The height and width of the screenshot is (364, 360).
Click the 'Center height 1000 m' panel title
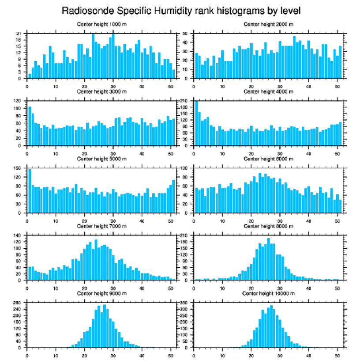(x=101, y=24)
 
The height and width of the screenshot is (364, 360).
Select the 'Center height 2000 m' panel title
(x=268, y=24)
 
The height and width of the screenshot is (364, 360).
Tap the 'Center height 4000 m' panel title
(x=268, y=91)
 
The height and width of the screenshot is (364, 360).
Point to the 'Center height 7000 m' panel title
(x=101, y=226)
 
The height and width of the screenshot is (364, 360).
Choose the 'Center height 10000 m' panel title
(x=268, y=293)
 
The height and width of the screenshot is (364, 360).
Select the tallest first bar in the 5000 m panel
(x=30, y=191)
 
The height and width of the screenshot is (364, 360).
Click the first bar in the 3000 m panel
(x=30, y=126)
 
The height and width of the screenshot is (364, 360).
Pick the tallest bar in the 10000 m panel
(x=271, y=326)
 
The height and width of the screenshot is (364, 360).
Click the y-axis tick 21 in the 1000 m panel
(x=19, y=34)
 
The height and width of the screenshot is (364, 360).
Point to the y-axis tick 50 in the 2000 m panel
(x=185, y=34)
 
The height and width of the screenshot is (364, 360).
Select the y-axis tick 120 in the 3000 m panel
(x=18, y=101)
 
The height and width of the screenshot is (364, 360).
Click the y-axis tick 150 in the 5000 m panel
(x=18, y=168)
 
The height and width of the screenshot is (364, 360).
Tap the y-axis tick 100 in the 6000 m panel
(x=184, y=168)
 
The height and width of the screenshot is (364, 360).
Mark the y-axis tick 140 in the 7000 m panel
(x=18, y=236)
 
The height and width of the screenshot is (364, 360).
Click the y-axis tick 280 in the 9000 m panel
(x=18, y=303)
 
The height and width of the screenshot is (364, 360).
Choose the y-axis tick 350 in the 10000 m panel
(x=184, y=303)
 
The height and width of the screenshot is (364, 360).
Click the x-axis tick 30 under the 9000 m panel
(x=113, y=354)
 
